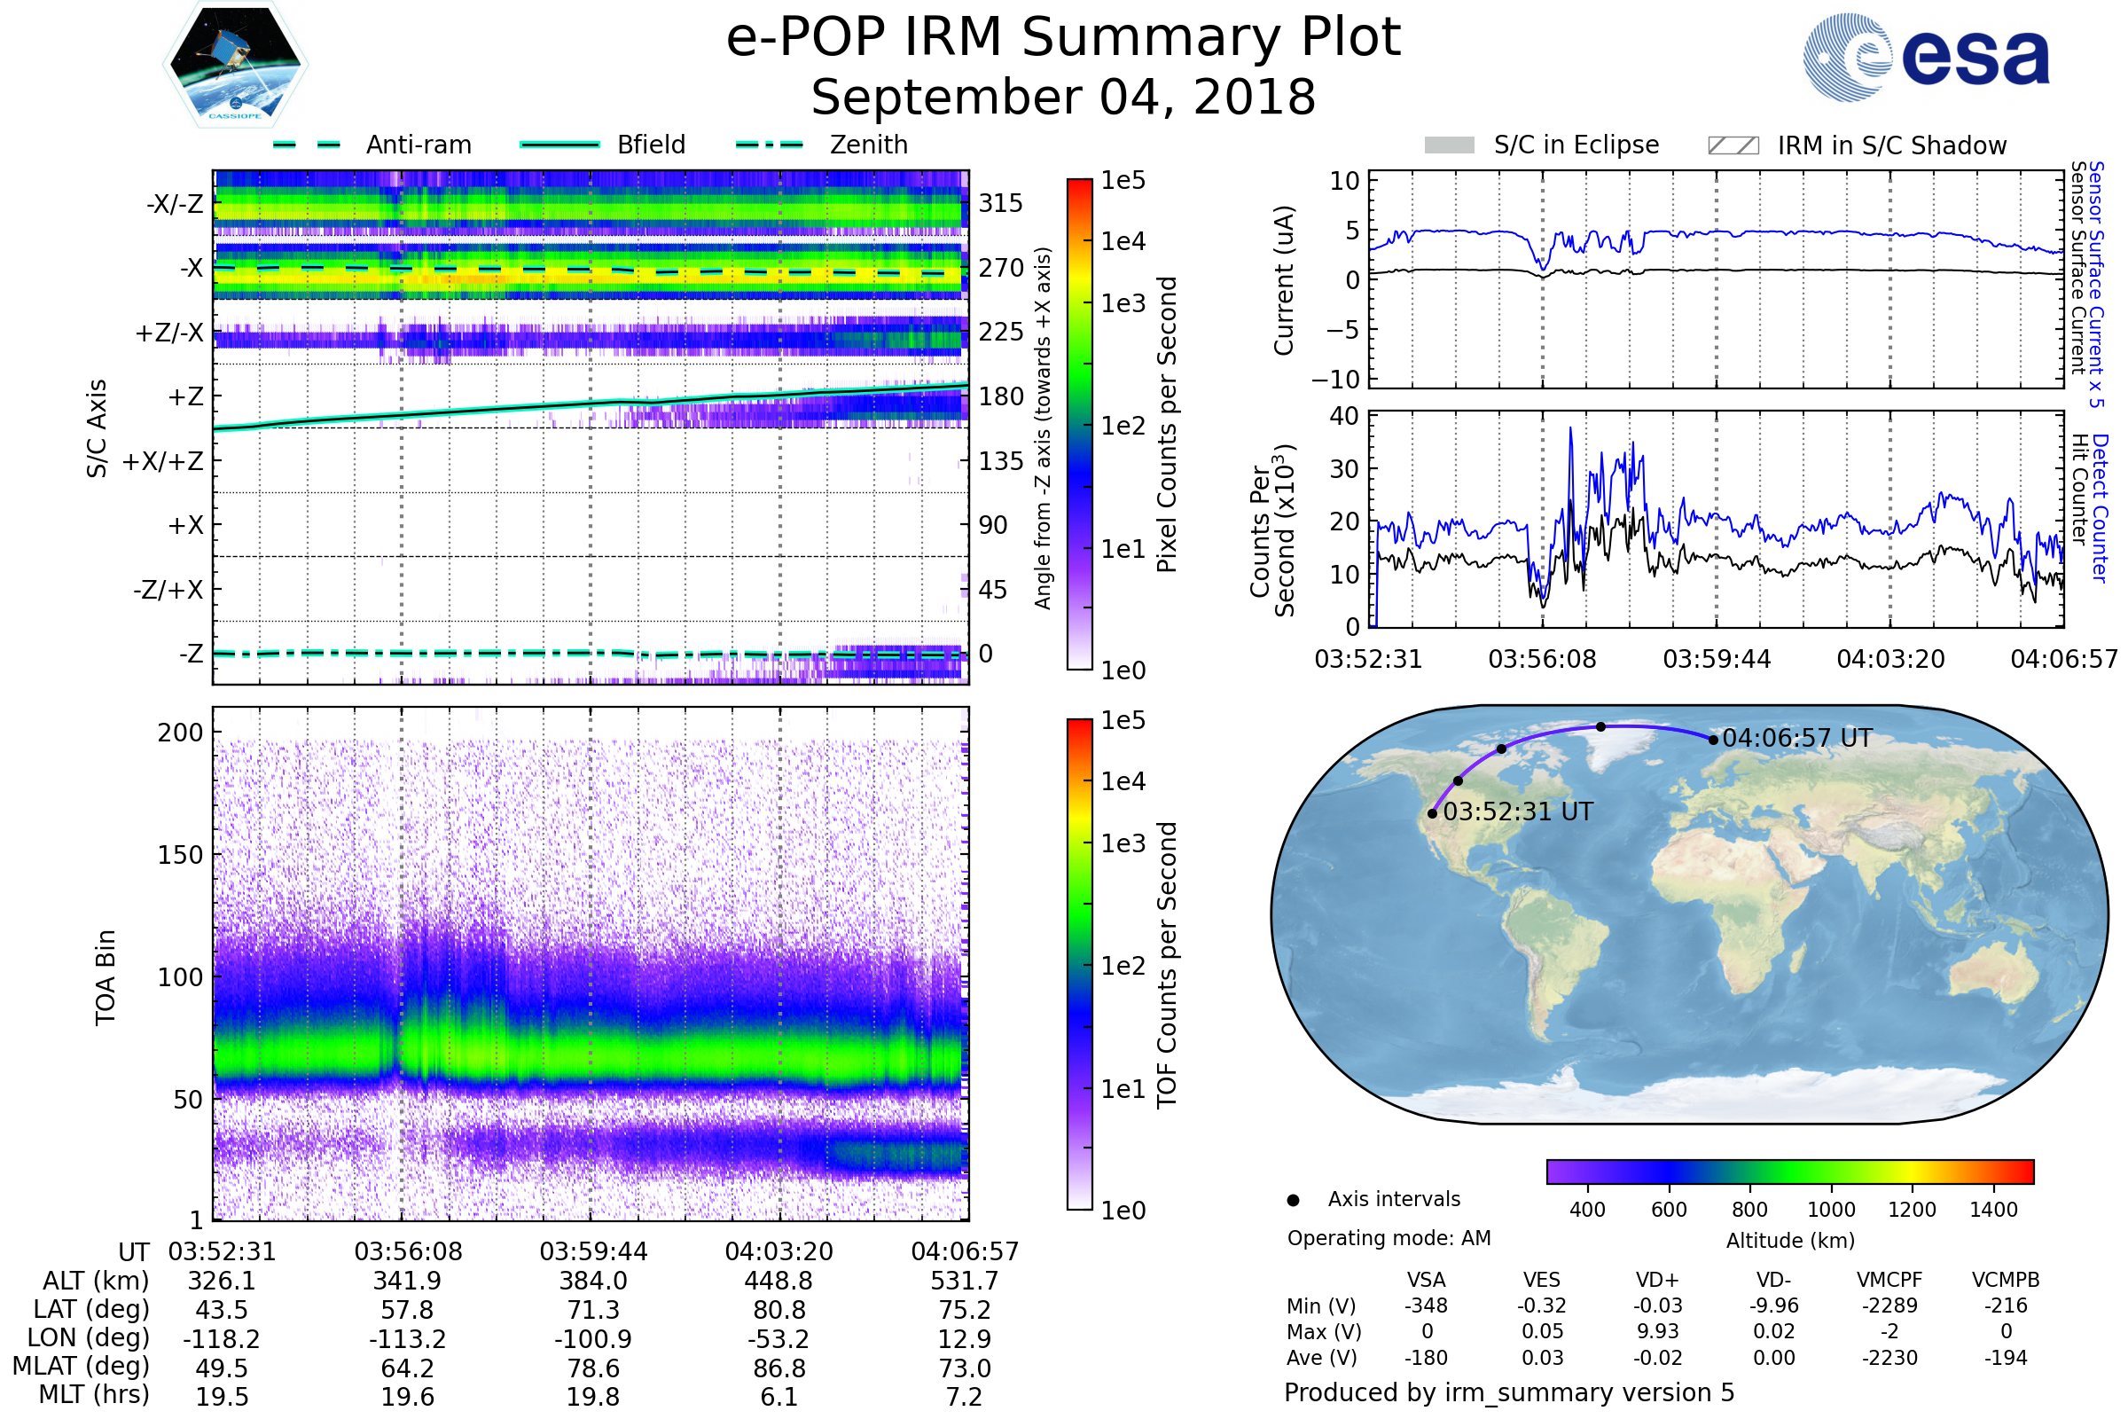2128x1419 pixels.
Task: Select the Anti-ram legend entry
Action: [x=372, y=145]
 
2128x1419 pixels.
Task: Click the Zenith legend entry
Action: [x=822, y=145]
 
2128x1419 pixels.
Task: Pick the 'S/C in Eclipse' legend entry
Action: [x=1541, y=145]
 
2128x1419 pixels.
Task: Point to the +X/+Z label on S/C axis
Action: [x=163, y=461]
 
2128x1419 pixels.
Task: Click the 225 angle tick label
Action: [x=1001, y=332]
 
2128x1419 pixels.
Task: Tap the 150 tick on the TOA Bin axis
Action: [x=180, y=855]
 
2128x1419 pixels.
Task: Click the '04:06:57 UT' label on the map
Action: [x=1797, y=739]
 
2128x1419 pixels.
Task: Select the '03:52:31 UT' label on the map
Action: [x=1517, y=811]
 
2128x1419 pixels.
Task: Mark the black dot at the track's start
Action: [x=1432, y=813]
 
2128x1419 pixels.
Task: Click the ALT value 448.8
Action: [x=779, y=1281]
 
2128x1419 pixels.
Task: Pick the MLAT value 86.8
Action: [x=779, y=1368]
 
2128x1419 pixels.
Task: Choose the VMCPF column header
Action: [x=1889, y=1280]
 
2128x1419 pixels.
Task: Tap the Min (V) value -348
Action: [x=1426, y=1305]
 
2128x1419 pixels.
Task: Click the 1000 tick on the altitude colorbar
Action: [x=1831, y=1210]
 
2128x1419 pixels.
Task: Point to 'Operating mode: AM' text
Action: [x=1389, y=1238]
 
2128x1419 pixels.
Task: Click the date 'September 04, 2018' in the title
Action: [x=1063, y=98]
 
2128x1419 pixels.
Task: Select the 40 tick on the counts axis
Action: [x=1343, y=416]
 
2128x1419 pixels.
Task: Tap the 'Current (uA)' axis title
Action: [x=1284, y=280]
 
